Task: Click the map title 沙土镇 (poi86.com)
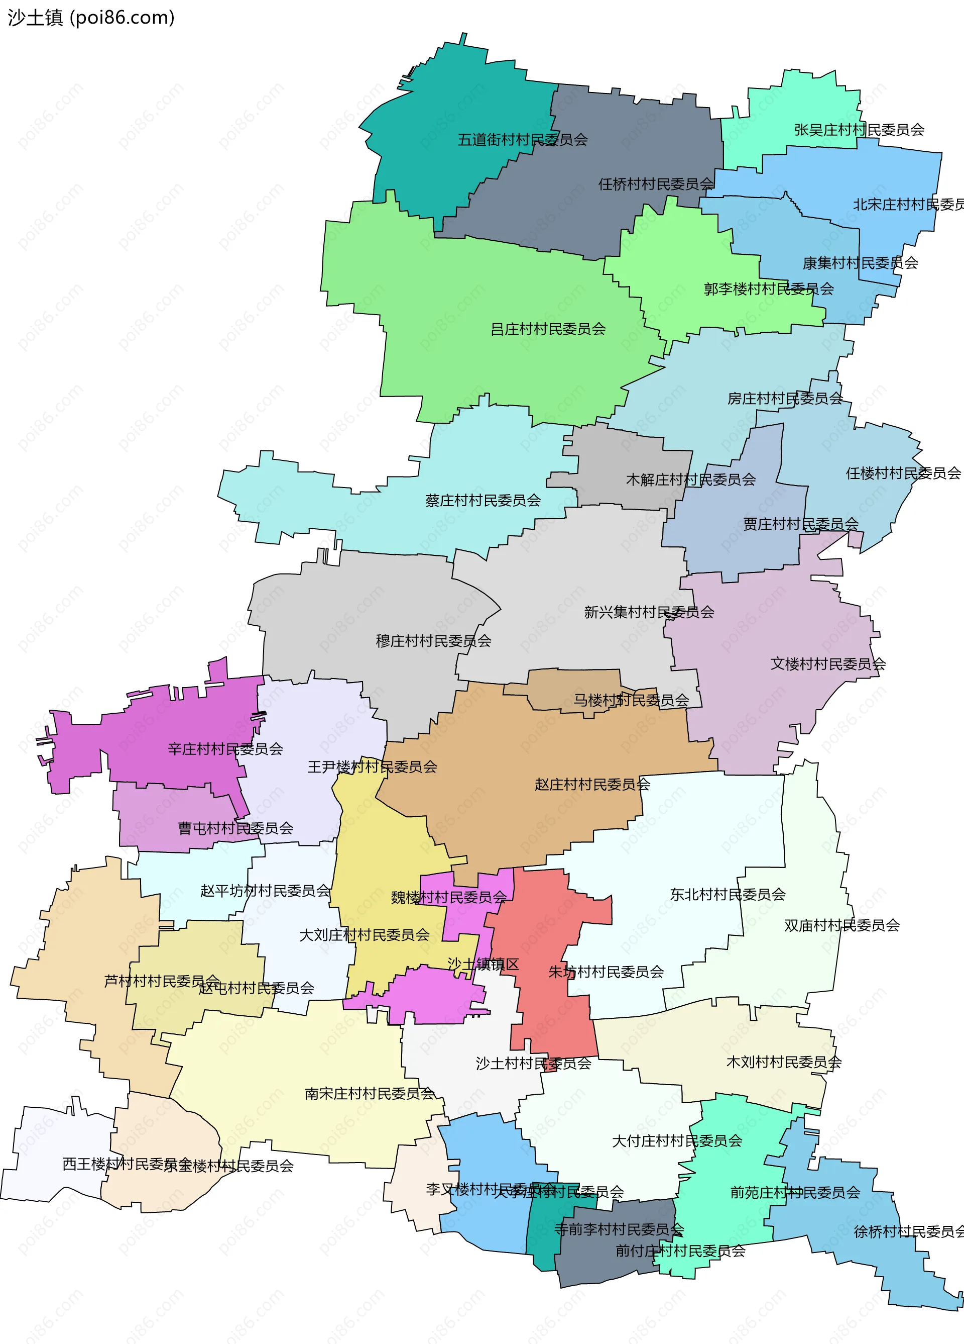[x=90, y=18]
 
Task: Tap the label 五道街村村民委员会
[x=522, y=140]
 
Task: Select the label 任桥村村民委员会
[x=656, y=184]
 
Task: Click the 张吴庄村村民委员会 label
[x=859, y=130]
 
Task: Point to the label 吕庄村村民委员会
[x=548, y=329]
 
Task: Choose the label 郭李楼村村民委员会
[x=768, y=289]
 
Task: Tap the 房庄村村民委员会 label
[x=785, y=398]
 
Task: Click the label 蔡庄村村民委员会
[x=483, y=501]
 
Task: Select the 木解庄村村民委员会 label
[x=690, y=479]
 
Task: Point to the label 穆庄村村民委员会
[x=433, y=641]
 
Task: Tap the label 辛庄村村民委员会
[x=225, y=749]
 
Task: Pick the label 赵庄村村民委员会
[x=592, y=785]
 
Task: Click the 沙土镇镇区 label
[x=483, y=965]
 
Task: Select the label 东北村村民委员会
[x=727, y=895]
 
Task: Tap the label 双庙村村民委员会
[x=841, y=926]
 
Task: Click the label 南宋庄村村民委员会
[x=370, y=1094]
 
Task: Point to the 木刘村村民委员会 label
[x=783, y=1063]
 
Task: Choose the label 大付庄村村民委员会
[x=677, y=1141]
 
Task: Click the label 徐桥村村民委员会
[x=908, y=1232]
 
